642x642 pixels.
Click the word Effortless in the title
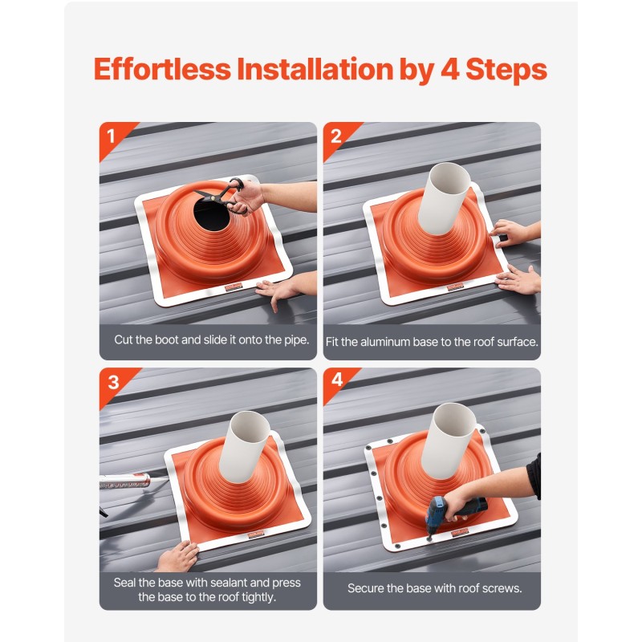pos(163,69)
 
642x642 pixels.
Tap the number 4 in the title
pos(450,69)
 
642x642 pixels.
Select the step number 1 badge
pos(111,136)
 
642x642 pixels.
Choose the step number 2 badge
pos(335,136)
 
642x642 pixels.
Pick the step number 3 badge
pos(113,383)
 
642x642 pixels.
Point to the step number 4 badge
pos(337,380)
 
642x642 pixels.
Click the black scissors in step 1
pos(222,195)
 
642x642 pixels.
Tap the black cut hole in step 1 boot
pos(212,214)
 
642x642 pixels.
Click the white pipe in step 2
pos(444,198)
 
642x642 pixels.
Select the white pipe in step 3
pos(246,447)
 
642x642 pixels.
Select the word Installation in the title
pos(315,69)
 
